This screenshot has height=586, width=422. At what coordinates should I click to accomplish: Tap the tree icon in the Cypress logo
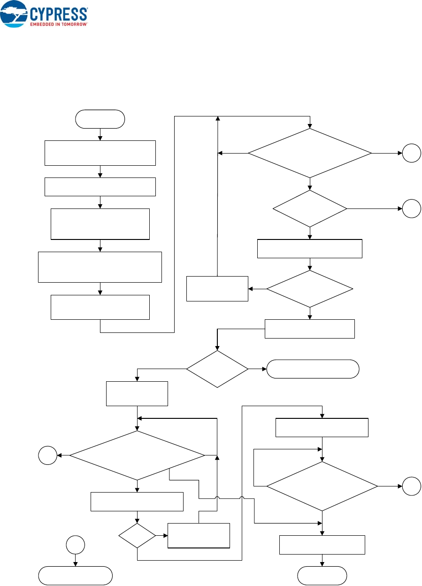point(14,13)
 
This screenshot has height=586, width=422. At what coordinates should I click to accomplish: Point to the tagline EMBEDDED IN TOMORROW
point(59,24)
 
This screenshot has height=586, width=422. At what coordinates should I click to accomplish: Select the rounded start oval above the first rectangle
point(100,119)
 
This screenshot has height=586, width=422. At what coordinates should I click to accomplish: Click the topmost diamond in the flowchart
point(309,153)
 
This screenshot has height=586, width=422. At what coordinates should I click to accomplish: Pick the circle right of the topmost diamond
point(411,154)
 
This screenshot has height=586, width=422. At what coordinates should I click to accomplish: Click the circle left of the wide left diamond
point(48,455)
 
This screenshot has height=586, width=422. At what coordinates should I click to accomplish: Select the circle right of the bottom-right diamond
point(411,486)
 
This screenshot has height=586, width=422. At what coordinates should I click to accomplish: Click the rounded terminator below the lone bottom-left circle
point(75,575)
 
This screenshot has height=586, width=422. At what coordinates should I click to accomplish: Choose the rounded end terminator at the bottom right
point(322,575)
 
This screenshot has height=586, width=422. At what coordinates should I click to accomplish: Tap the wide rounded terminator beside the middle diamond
point(313,369)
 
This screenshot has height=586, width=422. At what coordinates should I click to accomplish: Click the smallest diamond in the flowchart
point(137,535)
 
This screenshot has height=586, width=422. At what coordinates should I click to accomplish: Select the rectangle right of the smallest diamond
point(199,535)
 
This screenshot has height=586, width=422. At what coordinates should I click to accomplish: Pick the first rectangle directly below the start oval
point(100,153)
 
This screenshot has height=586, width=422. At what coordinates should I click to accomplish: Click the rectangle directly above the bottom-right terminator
point(322,545)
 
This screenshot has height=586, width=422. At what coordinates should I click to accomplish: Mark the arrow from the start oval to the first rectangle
point(100,134)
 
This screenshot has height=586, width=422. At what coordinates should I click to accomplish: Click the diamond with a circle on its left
point(137,455)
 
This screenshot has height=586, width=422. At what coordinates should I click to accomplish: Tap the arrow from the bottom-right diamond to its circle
point(390,486)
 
